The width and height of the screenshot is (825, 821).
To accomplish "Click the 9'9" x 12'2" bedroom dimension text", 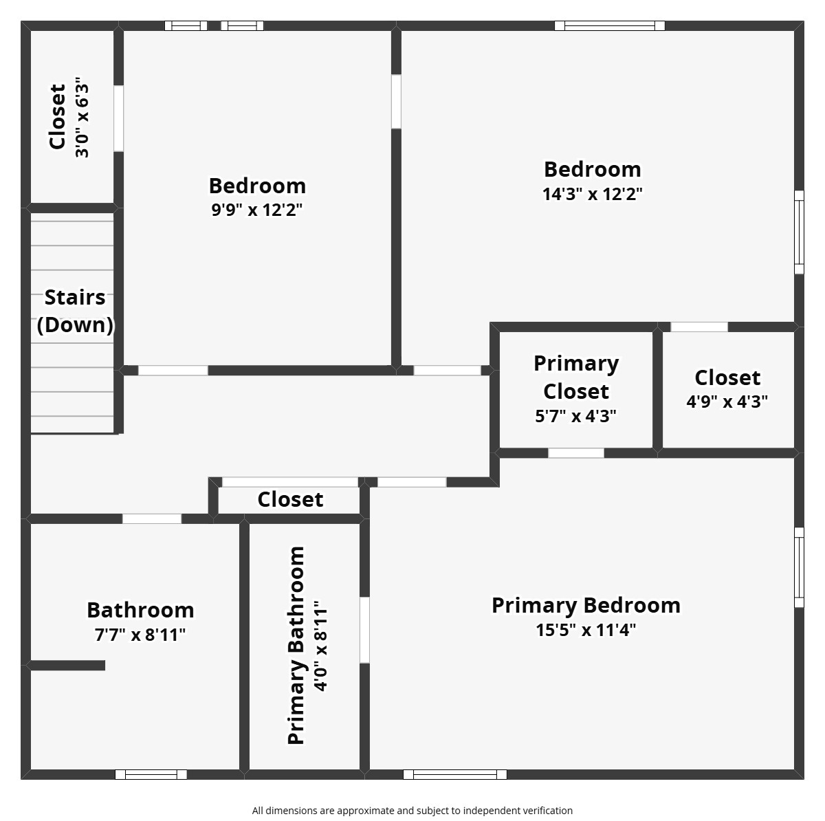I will (x=257, y=210).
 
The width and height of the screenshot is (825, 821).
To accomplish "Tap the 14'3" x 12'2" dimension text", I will (x=592, y=194).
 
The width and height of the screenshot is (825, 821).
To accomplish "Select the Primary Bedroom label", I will (x=586, y=605).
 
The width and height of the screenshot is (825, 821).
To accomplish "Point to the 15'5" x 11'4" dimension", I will (x=586, y=630).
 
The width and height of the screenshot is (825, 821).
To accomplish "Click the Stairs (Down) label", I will (x=75, y=311).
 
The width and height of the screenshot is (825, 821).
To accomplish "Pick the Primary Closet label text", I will (x=576, y=377).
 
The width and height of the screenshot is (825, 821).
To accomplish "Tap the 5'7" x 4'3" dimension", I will (x=576, y=416).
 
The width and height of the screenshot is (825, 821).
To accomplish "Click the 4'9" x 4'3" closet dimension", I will (x=727, y=402).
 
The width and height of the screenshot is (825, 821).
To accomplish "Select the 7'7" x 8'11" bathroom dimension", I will (x=140, y=635).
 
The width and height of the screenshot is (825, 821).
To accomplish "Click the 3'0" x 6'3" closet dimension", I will (x=82, y=118).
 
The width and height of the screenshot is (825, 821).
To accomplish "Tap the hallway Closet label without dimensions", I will (x=290, y=499).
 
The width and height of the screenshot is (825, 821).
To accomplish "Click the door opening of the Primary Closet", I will (x=576, y=453).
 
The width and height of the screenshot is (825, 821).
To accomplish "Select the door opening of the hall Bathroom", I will (x=152, y=518).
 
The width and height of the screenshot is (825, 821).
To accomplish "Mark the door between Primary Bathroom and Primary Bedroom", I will (x=364, y=630).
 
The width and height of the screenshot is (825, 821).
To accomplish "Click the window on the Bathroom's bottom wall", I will (x=151, y=774).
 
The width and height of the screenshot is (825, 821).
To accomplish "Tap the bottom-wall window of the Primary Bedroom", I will (x=454, y=774).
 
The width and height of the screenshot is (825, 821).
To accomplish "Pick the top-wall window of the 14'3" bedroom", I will (x=610, y=26).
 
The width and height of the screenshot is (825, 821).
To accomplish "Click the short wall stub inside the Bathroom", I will (x=67, y=666).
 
